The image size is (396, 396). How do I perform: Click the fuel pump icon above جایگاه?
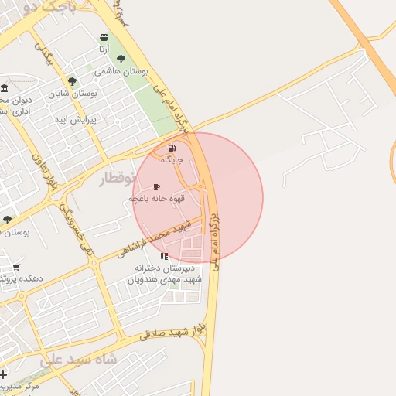coord(171,148)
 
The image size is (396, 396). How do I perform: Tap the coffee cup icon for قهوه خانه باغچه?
coord(157,187)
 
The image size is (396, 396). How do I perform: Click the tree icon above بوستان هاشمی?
coord(121,59)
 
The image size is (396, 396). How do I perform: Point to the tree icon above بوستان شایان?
coord(72,80)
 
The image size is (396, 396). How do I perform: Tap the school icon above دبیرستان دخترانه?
coord(164,256)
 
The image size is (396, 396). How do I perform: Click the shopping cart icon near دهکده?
coord(16,268)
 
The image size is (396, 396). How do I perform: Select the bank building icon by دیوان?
coord(5,87)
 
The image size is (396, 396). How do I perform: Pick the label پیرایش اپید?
coord(74,120)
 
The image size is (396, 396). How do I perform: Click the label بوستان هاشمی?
coord(121,70)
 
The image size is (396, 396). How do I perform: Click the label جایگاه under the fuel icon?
coord(172,159)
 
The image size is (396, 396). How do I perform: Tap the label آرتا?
coord(104,48)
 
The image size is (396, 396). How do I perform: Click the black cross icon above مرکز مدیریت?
coord(4,374)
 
